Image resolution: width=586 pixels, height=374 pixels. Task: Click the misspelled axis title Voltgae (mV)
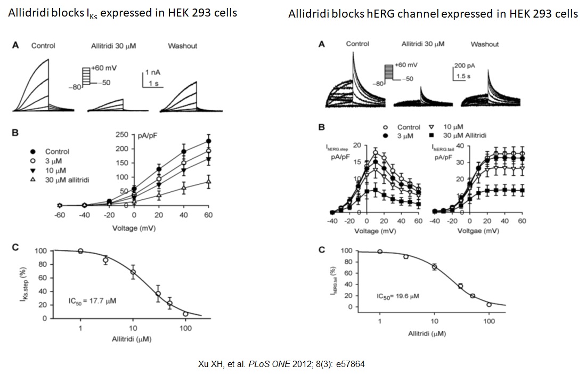click(477, 231)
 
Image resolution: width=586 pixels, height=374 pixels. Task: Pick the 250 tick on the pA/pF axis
click(122, 134)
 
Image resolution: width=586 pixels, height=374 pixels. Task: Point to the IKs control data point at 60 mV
click(208, 141)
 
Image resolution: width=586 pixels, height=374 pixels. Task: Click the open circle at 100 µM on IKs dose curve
click(185, 314)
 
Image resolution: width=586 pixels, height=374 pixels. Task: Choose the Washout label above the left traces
click(182, 46)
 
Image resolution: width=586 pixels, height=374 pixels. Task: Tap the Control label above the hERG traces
click(357, 44)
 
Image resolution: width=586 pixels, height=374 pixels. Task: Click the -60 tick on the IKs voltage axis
click(60, 215)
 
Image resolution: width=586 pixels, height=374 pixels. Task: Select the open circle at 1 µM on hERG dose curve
click(380, 251)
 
